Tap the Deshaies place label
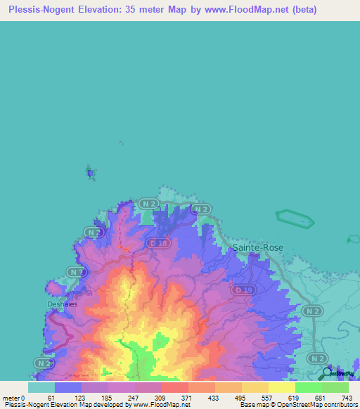(62, 304)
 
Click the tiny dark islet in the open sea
(89, 171)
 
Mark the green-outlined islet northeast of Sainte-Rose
(296, 218)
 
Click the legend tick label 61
(51, 398)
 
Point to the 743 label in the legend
(346, 398)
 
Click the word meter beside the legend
(11, 398)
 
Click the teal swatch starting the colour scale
(41, 387)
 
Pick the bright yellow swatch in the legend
(282, 387)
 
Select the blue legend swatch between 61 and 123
(68, 387)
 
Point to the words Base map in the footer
(254, 405)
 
